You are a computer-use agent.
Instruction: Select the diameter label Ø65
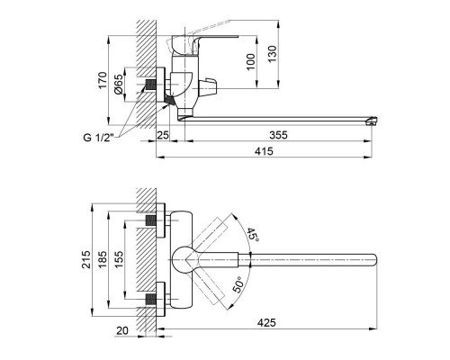(x=121, y=87)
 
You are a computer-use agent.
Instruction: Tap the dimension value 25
(x=163, y=135)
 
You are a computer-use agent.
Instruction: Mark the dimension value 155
(x=122, y=261)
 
